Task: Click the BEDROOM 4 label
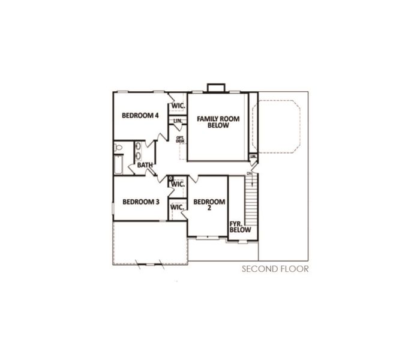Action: pyautogui.click(x=140, y=116)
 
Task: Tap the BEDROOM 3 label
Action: pyautogui.click(x=140, y=202)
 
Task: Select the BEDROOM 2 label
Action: pyautogui.click(x=209, y=205)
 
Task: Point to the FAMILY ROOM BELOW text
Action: pyautogui.click(x=218, y=122)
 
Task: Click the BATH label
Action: pyautogui.click(x=144, y=165)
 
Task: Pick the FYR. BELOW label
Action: pyautogui.click(x=236, y=227)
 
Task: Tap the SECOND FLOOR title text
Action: pyautogui.click(x=275, y=269)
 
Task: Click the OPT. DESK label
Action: pyautogui.click(x=179, y=139)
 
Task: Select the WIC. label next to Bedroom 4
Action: pyautogui.click(x=178, y=106)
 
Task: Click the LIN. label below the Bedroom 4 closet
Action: pyautogui.click(x=178, y=121)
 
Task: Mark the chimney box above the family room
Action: pyautogui.click(x=215, y=89)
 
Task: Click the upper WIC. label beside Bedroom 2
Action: pyautogui.click(x=178, y=184)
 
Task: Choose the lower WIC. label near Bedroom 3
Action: pyautogui.click(x=177, y=207)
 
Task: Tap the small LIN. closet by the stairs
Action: pyautogui.click(x=253, y=157)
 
